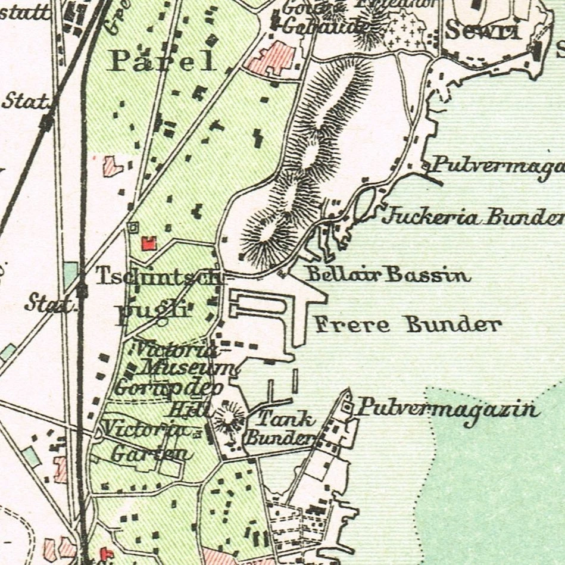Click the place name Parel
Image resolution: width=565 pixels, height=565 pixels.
[x=161, y=61]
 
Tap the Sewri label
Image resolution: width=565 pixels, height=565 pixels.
[x=483, y=30]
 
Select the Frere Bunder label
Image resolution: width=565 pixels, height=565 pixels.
[x=408, y=324]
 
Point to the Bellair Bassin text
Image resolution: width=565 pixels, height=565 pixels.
[x=388, y=275]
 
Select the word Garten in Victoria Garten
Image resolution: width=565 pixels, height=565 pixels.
[x=152, y=454]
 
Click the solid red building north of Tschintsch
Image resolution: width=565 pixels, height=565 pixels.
[x=148, y=242]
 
